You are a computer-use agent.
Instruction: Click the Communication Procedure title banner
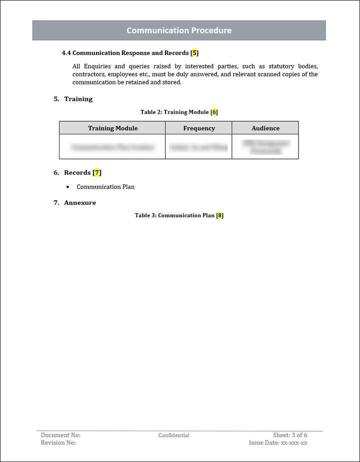(179, 30)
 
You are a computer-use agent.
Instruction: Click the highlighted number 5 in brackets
(195, 53)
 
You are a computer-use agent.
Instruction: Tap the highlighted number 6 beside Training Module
(214, 112)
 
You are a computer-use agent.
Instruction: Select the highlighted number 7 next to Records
(97, 173)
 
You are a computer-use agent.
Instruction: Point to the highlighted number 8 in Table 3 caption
(219, 216)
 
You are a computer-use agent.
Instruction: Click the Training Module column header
(112, 128)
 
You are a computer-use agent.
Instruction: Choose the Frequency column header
(199, 128)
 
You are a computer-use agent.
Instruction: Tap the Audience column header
(265, 128)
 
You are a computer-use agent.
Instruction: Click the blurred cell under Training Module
(112, 147)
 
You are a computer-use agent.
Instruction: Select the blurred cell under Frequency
(198, 147)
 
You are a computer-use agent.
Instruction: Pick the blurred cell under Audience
(265, 147)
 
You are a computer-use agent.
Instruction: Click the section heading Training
(78, 99)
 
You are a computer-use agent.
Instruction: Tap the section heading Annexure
(80, 203)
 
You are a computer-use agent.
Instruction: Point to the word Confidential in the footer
(174, 436)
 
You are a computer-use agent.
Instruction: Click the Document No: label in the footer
(60, 435)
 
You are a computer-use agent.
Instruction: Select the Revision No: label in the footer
(58, 443)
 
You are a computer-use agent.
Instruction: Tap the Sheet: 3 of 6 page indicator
(290, 435)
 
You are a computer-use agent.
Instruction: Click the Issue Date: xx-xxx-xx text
(278, 443)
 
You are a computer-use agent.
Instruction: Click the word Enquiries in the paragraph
(97, 66)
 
